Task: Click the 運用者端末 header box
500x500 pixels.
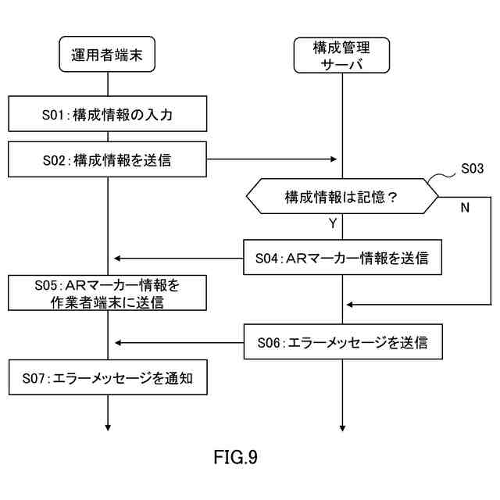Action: [x=107, y=54]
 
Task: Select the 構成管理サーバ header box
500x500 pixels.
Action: [x=341, y=55]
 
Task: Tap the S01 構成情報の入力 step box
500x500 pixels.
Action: [x=108, y=114]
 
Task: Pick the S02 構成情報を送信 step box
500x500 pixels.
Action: [x=108, y=159]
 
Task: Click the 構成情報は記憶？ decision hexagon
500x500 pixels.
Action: [x=342, y=196]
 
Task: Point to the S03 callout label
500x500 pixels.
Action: [x=472, y=169]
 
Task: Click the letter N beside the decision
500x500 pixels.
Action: [x=465, y=208]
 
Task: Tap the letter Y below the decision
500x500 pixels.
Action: [x=333, y=223]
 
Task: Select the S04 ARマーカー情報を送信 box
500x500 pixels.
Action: [x=342, y=257]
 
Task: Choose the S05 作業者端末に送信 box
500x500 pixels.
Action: [x=108, y=293]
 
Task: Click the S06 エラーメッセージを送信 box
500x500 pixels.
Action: [x=343, y=342]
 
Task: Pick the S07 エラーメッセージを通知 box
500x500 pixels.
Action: [x=108, y=377]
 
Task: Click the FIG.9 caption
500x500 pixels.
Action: [x=235, y=457]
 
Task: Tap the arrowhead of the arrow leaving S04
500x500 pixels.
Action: [x=117, y=259]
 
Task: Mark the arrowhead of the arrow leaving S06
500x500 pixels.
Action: [x=118, y=343]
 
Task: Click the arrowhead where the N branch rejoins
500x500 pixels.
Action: [x=349, y=305]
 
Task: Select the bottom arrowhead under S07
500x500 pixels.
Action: [x=108, y=428]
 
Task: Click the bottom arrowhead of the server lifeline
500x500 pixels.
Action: [x=342, y=428]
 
